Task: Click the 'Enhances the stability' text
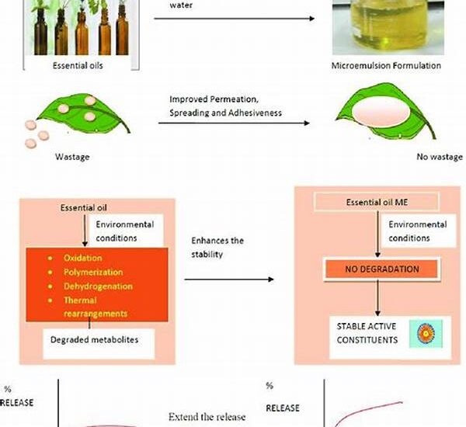pos(217,247)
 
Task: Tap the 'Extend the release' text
pos(207,417)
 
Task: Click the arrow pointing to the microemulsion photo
pos(233,16)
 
